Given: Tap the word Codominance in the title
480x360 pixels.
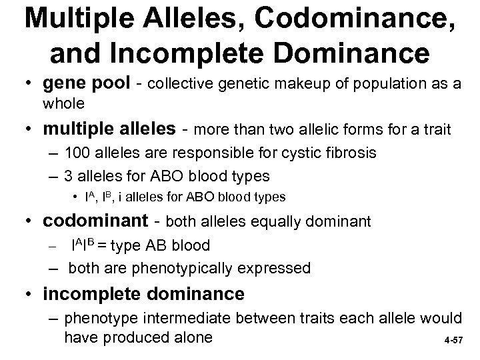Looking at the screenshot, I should click(353, 22).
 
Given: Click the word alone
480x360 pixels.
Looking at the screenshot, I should click(190, 338).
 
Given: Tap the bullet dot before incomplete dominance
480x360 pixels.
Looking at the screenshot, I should click(32, 294).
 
